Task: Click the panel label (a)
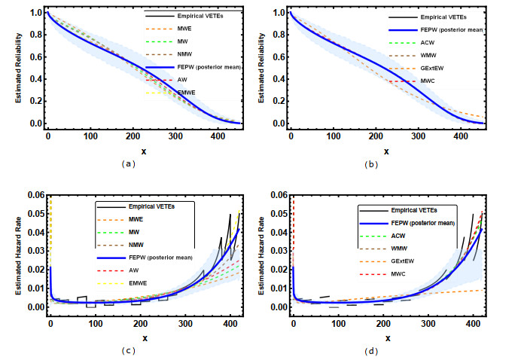coord(129,163)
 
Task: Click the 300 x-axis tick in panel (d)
coord(428,324)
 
